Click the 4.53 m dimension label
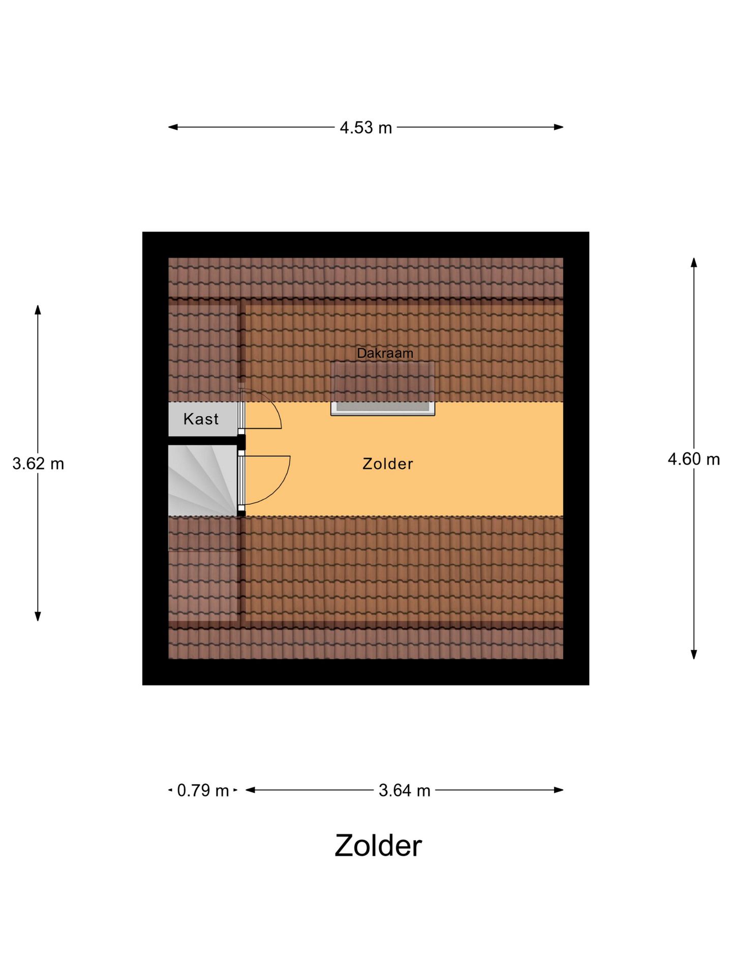click(366, 128)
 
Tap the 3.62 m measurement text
click(38, 464)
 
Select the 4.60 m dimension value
click(694, 459)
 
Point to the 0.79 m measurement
click(203, 790)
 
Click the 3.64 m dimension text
click(405, 790)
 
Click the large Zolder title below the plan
click(378, 846)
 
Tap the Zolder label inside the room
click(388, 464)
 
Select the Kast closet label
click(201, 419)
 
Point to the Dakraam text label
click(385, 353)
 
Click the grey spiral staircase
click(203, 480)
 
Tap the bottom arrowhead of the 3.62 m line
click(38, 616)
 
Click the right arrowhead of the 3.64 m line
click(559, 790)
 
